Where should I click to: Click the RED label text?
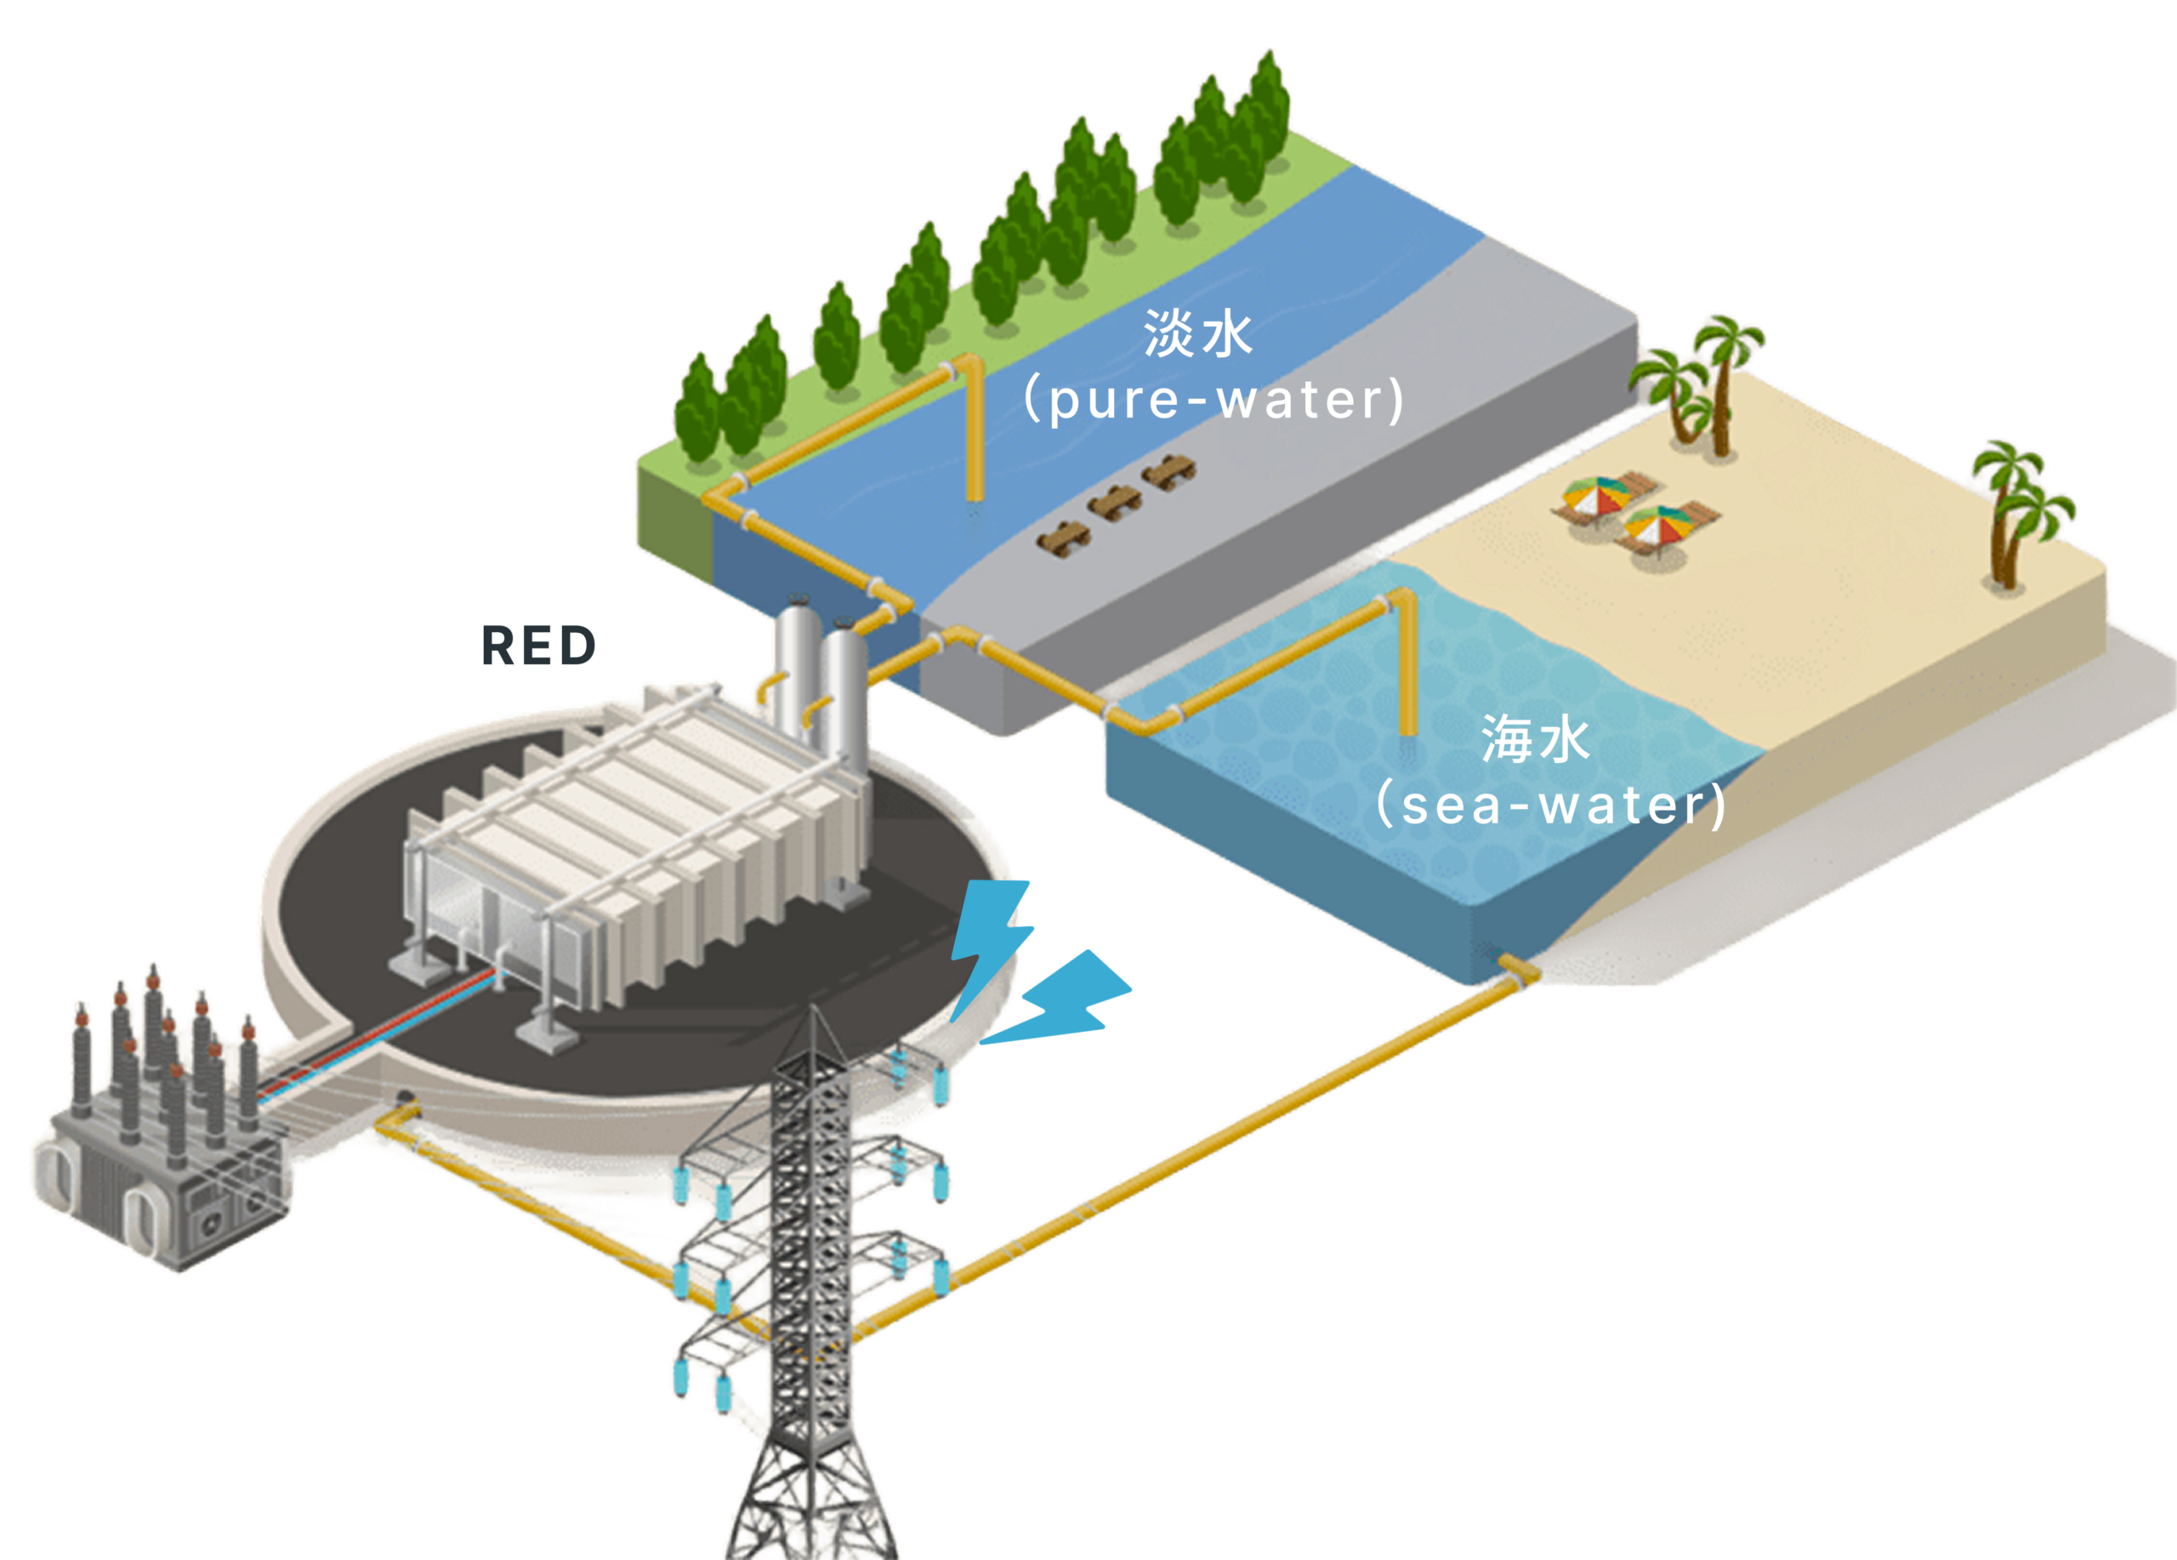(537, 645)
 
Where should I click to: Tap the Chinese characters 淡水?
(1197, 334)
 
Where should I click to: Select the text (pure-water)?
(1214, 400)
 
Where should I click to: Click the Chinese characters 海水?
(1535, 739)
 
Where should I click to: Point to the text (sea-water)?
(1550, 805)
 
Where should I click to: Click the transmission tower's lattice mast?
(811, 1248)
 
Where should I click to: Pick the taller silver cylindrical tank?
(796, 672)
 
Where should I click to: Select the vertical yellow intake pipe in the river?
(975, 432)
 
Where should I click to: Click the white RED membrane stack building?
(634, 845)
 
